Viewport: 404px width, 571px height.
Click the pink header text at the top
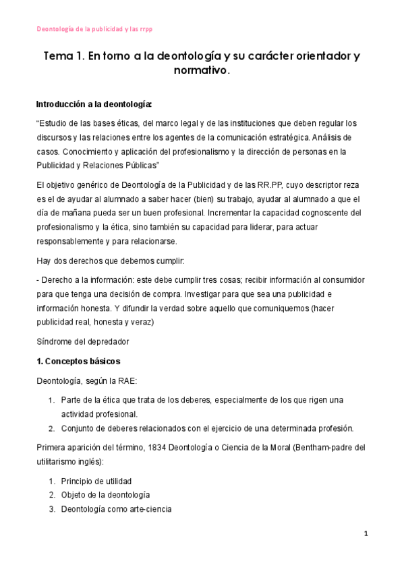click(94, 29)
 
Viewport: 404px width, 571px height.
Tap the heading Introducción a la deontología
click(94, 104)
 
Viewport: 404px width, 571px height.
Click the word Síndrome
click(53, 341)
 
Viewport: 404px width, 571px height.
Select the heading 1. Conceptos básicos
click(78, 361)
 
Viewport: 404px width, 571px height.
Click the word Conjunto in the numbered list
click(76, 428)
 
